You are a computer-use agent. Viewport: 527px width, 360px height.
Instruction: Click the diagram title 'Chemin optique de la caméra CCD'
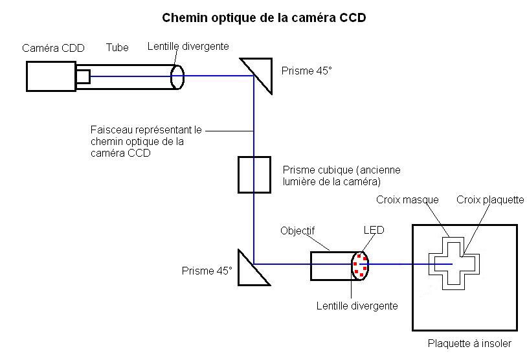point(264,18)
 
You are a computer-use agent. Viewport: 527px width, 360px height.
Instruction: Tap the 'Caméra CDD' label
point(53,48)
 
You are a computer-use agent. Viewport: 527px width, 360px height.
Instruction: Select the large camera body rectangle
point(51,76)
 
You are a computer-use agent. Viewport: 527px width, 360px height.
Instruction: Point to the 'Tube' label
point(117,47)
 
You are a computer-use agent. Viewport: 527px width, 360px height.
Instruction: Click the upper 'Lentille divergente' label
point(188,46)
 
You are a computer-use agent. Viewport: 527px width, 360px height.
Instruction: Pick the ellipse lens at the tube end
point(177,77)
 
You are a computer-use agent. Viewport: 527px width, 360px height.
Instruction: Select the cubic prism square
point(254,175)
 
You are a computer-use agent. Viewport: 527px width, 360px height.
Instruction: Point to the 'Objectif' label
point(297,231)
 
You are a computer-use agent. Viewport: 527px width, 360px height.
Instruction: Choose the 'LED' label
point(374,230)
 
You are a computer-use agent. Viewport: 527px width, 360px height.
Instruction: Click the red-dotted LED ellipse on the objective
point(361,265)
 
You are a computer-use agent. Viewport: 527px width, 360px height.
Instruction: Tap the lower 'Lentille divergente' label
point(357,306)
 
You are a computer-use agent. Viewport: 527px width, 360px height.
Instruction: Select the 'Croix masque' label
point(407,199)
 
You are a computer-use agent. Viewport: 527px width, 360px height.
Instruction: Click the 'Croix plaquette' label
point(490,199)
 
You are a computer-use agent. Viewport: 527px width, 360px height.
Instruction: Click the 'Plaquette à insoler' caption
point(469,343)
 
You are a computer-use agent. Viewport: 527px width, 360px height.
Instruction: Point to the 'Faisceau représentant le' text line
point(146,129)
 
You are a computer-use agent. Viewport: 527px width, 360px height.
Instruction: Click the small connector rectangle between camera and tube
point(84,76)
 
